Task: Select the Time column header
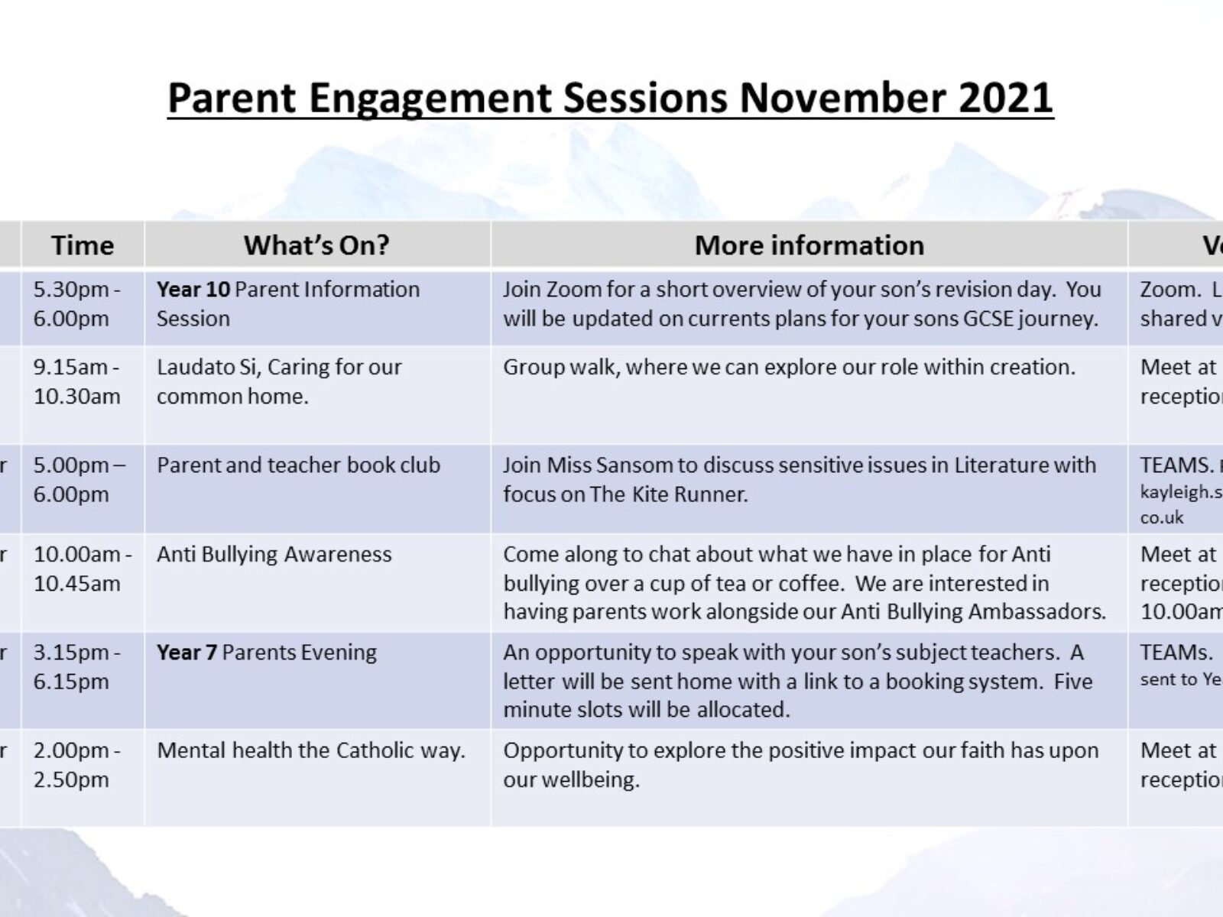click(83, 245)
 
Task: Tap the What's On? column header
click(316, 245)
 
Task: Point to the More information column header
click(809, 245)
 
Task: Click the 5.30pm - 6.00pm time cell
click(76, 304)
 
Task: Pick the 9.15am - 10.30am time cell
click(76, 382)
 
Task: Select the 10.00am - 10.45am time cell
click(81, 569)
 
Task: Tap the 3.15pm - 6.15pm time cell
click(76, 666)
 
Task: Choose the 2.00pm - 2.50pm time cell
click(76, 765)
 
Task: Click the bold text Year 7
click(187, 653)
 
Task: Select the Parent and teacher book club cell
click(298, 465)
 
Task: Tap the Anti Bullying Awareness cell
click(274, 555)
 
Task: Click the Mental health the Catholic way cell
click(310, 750)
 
